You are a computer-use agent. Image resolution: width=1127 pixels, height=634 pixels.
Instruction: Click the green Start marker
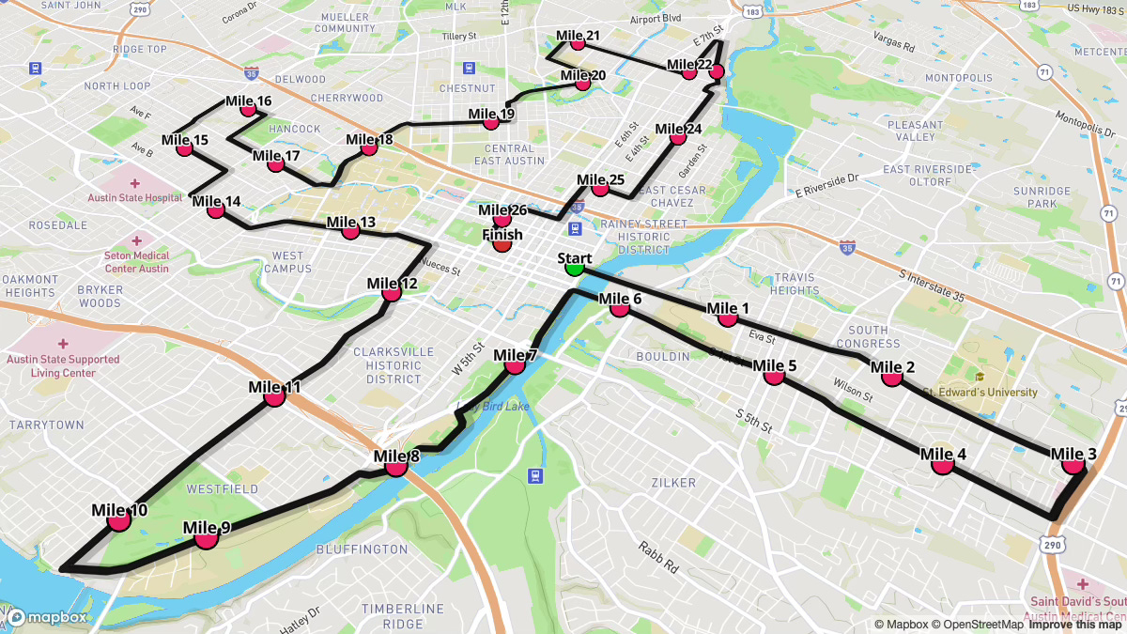click(x=574, y=268)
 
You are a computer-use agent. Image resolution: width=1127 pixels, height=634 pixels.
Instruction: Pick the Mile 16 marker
click(x=248, y=109)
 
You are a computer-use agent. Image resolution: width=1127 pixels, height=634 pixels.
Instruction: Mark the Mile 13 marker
click(x=350, y=230)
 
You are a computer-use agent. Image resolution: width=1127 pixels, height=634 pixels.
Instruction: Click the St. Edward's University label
click(x=979, y=393)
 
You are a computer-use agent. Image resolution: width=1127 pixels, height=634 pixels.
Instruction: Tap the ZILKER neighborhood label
click(x=673, y=483)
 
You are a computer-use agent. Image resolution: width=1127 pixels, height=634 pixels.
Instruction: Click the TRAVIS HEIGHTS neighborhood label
click(x=795, y=284)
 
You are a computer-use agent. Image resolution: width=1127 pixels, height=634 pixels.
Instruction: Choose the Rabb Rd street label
click(x=658, y=560)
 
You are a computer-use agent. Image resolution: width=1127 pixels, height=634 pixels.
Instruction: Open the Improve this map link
click(x=1075, y=625)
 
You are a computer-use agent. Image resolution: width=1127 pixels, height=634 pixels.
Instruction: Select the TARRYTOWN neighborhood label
click(x=46, y=425)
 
